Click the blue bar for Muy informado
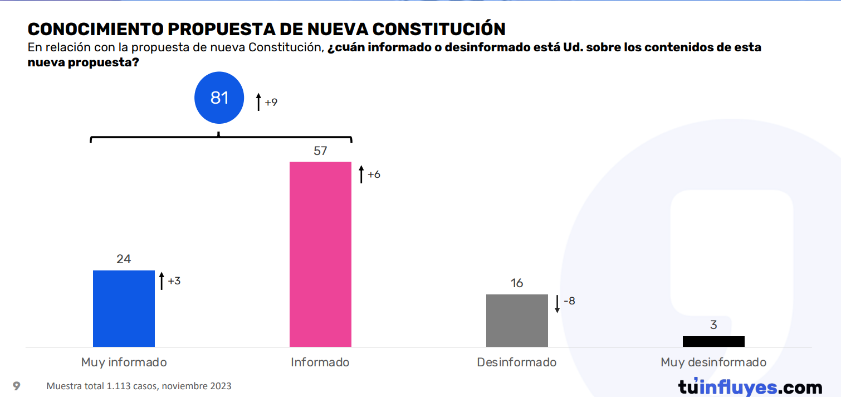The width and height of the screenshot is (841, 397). point(124,308)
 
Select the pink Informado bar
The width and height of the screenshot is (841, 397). point(320,254)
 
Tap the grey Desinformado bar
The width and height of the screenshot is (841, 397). point(517,321)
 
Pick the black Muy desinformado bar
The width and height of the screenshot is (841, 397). point(713,341)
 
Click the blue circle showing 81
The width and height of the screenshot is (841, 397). point(219,98)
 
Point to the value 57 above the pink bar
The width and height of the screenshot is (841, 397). point(320,151)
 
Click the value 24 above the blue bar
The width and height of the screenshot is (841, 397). point(124,259)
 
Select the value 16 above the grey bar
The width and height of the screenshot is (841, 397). point(517,283)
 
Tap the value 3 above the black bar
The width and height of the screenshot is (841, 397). point(713,326)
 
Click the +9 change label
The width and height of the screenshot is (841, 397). point(271,103)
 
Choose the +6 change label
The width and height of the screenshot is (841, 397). point(374,175)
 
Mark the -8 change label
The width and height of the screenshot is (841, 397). point(569,301)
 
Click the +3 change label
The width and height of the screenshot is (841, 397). point(174,281)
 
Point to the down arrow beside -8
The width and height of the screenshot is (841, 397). point(557,304)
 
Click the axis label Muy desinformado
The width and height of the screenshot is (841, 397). point(713,362)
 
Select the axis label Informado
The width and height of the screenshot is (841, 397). point(320,362)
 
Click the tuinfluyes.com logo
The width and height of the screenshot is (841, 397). point(750,386)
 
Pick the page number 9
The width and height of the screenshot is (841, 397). point(17,386)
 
